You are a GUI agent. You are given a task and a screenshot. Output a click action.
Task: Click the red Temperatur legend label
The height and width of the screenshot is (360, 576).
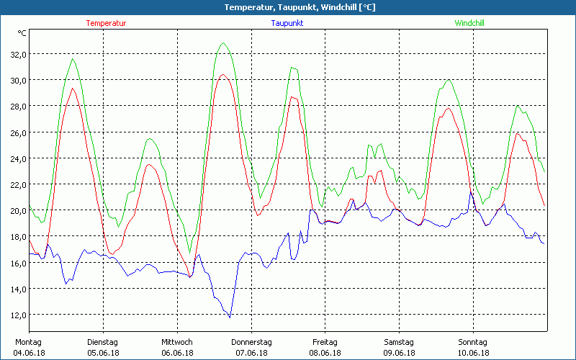pos(106,23)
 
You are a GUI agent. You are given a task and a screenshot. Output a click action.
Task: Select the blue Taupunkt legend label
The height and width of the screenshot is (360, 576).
pos(287,23)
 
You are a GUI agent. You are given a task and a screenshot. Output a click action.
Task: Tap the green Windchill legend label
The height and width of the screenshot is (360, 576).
pos(469,23)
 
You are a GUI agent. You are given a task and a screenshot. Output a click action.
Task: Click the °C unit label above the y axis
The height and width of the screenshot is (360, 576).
pos(22,33)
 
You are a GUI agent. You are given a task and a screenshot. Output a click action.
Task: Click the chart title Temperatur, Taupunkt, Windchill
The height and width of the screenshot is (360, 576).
pos(288,7)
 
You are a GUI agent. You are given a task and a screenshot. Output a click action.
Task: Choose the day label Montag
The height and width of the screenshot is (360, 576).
pos(29,342)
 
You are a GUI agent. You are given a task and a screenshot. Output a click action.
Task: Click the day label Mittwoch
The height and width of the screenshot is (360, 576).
pos(177,342)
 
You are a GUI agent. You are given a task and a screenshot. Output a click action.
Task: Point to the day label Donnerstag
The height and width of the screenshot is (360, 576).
pos(251,342)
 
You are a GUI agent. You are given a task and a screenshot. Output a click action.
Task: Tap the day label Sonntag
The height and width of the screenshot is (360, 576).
pos(473,342)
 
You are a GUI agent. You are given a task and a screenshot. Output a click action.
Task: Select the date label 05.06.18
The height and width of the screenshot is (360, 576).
pos(103,353)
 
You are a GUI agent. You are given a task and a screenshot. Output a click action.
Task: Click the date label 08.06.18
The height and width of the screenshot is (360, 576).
pos(325,353)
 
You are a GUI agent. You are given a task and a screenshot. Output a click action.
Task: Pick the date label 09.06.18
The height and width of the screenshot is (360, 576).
pos(399,353)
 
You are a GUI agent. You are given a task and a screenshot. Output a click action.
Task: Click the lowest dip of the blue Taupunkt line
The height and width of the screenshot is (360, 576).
pos(230,317)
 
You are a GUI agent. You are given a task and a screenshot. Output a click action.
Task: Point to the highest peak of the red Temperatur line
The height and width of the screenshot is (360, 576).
pos(223,75)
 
